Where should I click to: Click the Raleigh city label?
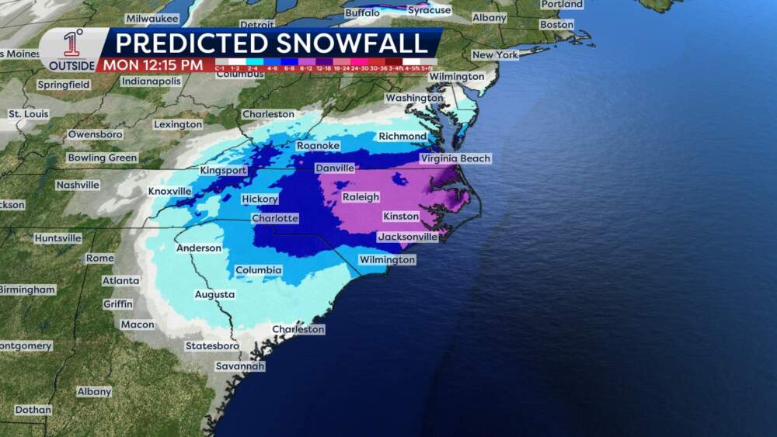click(x=361, y=197)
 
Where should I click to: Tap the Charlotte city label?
click(x=274, y=219)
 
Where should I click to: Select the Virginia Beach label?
click(x=455, y=158)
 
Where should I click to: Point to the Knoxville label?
click(x=169, y=191)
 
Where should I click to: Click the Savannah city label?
click(x=240, y=366)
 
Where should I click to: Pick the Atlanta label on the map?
click(x=120, y=280)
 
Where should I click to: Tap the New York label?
click(x=495, y=55)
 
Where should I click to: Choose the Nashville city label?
click(x=78, y=185)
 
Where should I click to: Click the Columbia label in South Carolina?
click(x=258, y=270)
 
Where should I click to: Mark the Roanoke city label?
click(x=318, y=145)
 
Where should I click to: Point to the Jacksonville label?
click(x=408, y=237)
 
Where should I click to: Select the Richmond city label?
click(x=402, y=136)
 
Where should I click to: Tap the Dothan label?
click(x=33, y=410)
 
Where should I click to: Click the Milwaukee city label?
click(x=152, y=18)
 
